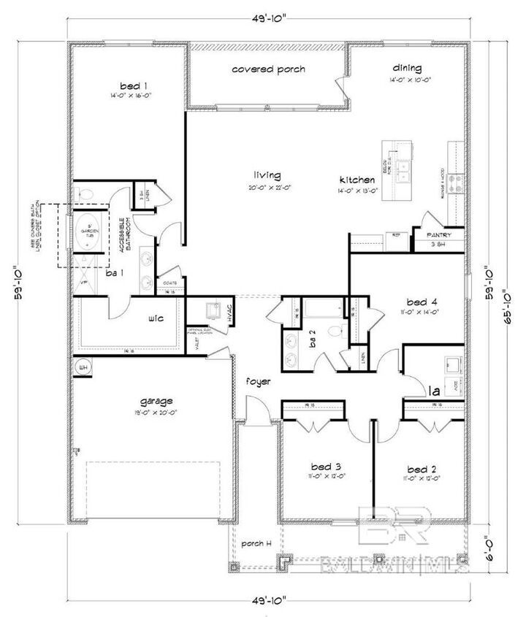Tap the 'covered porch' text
coord(268,69)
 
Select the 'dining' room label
coord(406,66)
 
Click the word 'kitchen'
coord(357,180)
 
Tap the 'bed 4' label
coord(422,301)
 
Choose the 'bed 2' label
coord(422,467)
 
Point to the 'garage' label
coord(156,401)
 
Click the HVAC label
coord(230,314)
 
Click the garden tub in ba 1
coord(87,232)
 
